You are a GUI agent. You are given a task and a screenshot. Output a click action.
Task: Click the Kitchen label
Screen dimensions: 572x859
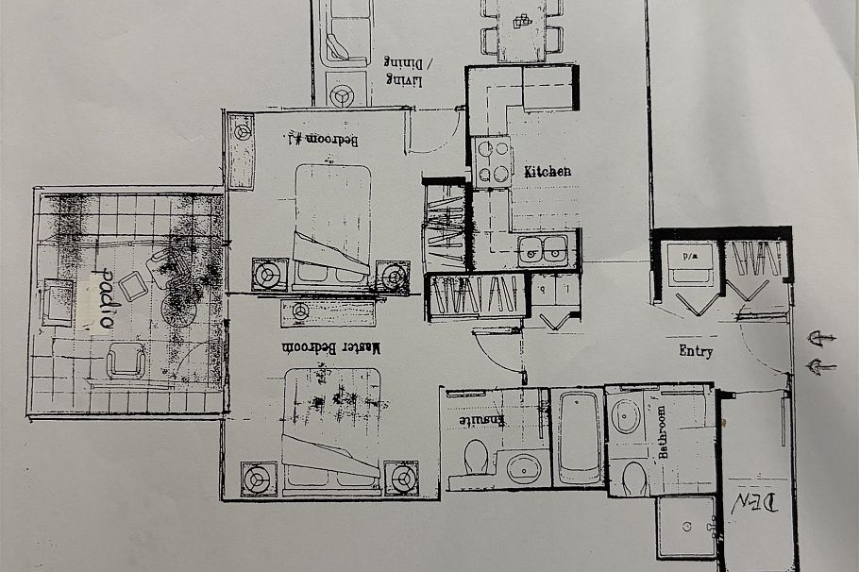click(547, 172)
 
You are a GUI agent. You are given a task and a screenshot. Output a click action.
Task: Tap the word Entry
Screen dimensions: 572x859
click(696, 351)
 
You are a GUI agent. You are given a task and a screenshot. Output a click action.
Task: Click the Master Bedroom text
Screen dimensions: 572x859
click(345, 347)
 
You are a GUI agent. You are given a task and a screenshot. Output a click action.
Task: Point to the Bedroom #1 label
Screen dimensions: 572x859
click(321, 140)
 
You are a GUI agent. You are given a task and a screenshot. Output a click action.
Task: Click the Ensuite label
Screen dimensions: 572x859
click(482, 419)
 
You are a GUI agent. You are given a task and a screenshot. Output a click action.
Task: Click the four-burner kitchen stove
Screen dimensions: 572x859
click(491, 160)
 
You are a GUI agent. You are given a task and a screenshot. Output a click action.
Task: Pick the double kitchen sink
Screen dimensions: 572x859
click(543, 249)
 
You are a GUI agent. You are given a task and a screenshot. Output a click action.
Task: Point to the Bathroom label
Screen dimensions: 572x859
click(663, 431)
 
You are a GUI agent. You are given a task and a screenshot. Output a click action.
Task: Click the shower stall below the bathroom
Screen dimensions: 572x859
click(686, 526)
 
